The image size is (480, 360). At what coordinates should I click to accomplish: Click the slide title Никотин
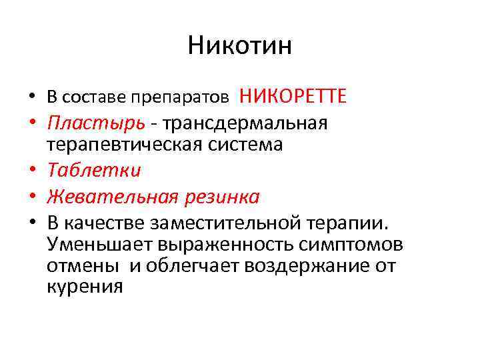240,46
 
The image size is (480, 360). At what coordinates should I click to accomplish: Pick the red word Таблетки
94,171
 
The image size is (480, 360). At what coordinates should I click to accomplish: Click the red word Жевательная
113,197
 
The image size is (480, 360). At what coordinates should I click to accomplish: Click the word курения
85,287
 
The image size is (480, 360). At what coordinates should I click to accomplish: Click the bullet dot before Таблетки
32,171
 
